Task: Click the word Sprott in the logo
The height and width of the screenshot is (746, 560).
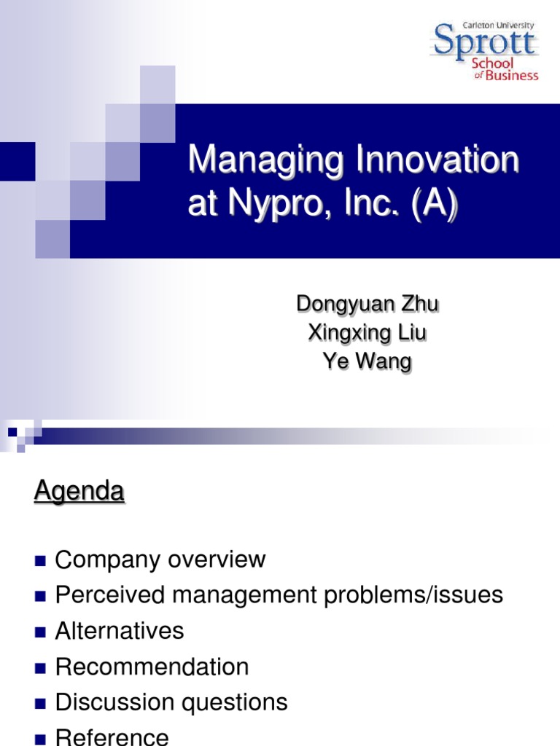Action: tap(484, 43)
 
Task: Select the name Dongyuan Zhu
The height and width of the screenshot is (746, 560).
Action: tap(367, 304)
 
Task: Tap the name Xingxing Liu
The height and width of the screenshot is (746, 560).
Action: tap(367, 333)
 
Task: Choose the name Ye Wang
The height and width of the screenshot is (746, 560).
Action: tap(367, 361)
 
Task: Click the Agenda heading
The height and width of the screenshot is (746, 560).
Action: tap(79, 492)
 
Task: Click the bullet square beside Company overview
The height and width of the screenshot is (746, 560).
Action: tap(40, 561)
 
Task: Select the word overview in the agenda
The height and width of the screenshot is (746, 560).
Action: tap(217, 559)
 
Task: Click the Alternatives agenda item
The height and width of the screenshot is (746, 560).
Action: tap(120, 631)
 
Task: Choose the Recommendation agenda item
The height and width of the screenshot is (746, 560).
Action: tap(152, 667)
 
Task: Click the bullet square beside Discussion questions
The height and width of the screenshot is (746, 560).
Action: tap(40, 704)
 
